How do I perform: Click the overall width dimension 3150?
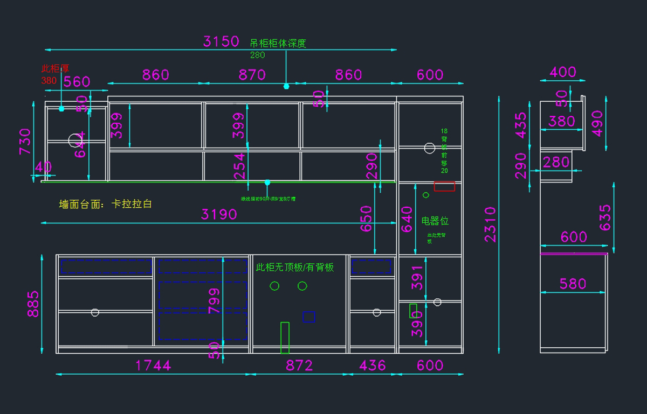click(221, 41)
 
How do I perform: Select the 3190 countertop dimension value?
click(219, 214)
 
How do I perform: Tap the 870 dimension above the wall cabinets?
click(252, 75)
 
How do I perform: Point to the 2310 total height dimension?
click(490, 224)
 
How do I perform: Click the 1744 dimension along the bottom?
click(153, 366)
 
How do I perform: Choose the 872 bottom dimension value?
click(299, 366)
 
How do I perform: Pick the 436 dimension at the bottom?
click(372, 366)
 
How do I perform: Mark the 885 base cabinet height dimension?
click(33, 304)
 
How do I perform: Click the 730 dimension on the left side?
click(25, 142)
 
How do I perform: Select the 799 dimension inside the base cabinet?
click(215, 300)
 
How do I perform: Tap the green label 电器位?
click(435, 221)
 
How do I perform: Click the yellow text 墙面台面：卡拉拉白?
click(106, 205)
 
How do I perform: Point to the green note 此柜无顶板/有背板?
click(294, 267)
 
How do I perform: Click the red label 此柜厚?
click(56, 69)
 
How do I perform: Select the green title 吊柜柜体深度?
click(278, 44)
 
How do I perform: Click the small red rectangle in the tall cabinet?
click(444, 186)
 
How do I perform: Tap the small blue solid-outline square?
click(309, 317)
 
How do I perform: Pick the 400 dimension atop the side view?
click(562, 72)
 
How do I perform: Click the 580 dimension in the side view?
click(573, 284)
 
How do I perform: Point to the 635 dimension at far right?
click(605, 217)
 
